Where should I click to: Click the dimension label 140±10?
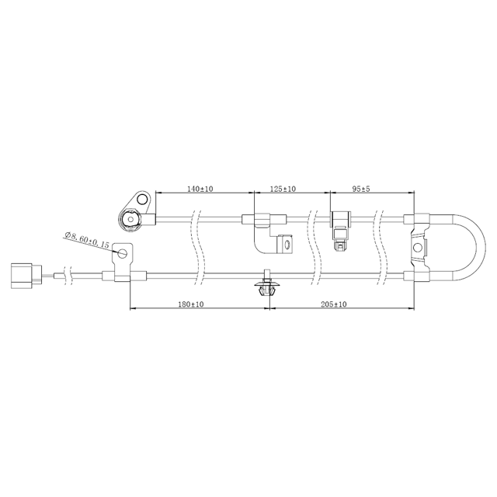pyautogui.click(x=201, y=189)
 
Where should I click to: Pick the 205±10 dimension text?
pyautogui.click(x=333, y=304)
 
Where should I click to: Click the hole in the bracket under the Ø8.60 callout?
pyautogui.click(x=122, y=252)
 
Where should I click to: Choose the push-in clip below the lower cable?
pyautogui.click(x=267, y=288)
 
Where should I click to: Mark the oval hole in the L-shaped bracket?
pyautogui.click(x=283, y=246)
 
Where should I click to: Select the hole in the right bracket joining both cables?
pyautogui.click(x=418, y=247)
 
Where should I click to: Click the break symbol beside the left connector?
pyautogui.click(x=70, y=275)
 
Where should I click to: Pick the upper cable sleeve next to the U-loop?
pyautogui.click(x=419, y=219)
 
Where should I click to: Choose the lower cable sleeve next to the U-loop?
pyautogui.click(x=417, y=275)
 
